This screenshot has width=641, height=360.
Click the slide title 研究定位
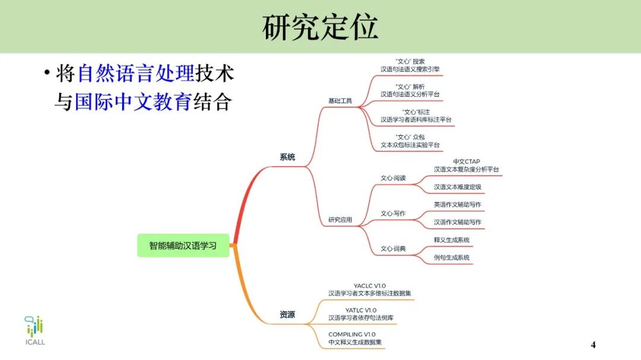320,27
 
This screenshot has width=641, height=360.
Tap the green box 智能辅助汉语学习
183,245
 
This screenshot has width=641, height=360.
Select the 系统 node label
287,157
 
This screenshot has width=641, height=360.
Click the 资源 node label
287,315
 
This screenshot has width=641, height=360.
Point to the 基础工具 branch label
340,101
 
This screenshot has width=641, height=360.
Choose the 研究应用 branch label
340,220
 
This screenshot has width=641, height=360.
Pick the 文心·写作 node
393,214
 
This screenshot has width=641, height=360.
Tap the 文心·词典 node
393,249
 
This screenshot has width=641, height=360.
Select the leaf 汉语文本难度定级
457,187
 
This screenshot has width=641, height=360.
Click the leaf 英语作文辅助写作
457,205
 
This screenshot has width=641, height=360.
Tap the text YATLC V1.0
361,310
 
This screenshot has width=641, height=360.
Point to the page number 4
593,345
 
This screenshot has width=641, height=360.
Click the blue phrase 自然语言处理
136,74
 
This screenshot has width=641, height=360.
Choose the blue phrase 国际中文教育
132,102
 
